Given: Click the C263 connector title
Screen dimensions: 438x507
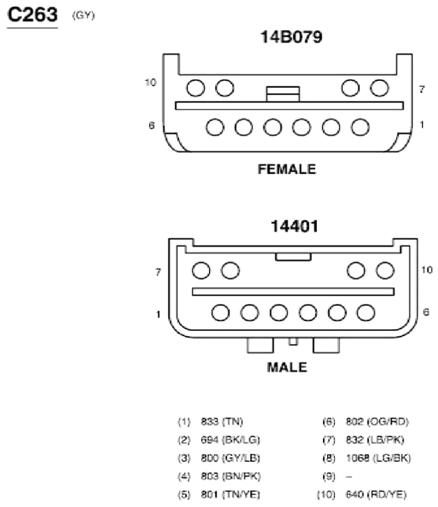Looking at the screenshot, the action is coord(33,15).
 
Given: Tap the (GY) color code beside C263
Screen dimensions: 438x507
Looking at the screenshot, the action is coord(83,15).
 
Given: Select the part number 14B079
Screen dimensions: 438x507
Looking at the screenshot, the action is coord(291,37).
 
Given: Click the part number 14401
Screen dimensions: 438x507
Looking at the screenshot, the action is coord(294,226).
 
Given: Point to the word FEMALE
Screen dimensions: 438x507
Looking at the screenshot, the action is coord(287,169).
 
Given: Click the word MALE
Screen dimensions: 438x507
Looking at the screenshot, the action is coord(287,368).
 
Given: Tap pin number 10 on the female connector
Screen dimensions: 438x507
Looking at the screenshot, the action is coord(151,83).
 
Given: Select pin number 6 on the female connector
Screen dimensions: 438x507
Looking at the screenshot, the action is coord(152,125).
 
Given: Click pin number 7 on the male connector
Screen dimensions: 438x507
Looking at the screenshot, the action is coord(158,272).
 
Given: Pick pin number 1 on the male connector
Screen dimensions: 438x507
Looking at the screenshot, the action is coord(158,314).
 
